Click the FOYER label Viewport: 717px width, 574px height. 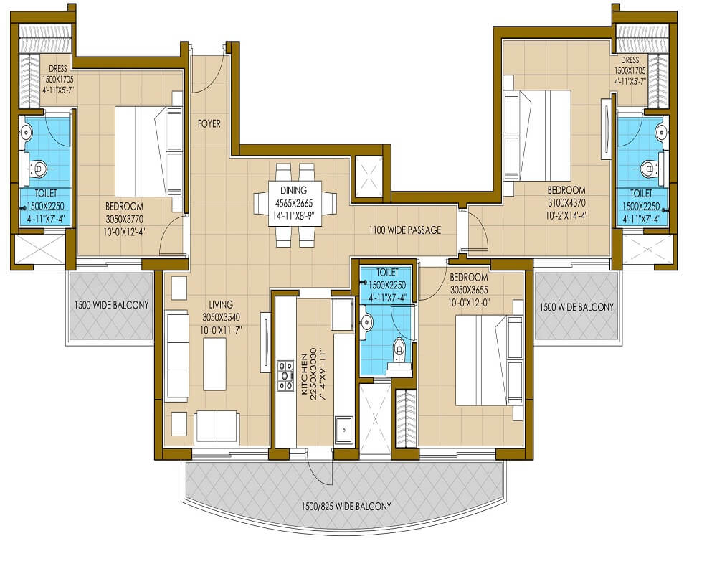pyautogui.click(x=209, y=123)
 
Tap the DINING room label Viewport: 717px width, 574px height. pyautogui.click(x=294, y=190)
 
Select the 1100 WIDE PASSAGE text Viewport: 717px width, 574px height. pyautogui.click(x=404, y=230)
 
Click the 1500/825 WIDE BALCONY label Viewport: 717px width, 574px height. pyautogui.click(x=346, y=506)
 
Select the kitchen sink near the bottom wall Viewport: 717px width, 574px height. pyautogui.click(x=343, y=429)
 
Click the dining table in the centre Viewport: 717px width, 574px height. pyautogui.click(x=295, y=205)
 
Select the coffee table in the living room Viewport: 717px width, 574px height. pyautogui.click(x=214, y=362)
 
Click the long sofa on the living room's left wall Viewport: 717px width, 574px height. pyautogui.click(x=176, y=355)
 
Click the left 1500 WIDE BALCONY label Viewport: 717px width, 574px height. pyautogui.click(x=111, y=305)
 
